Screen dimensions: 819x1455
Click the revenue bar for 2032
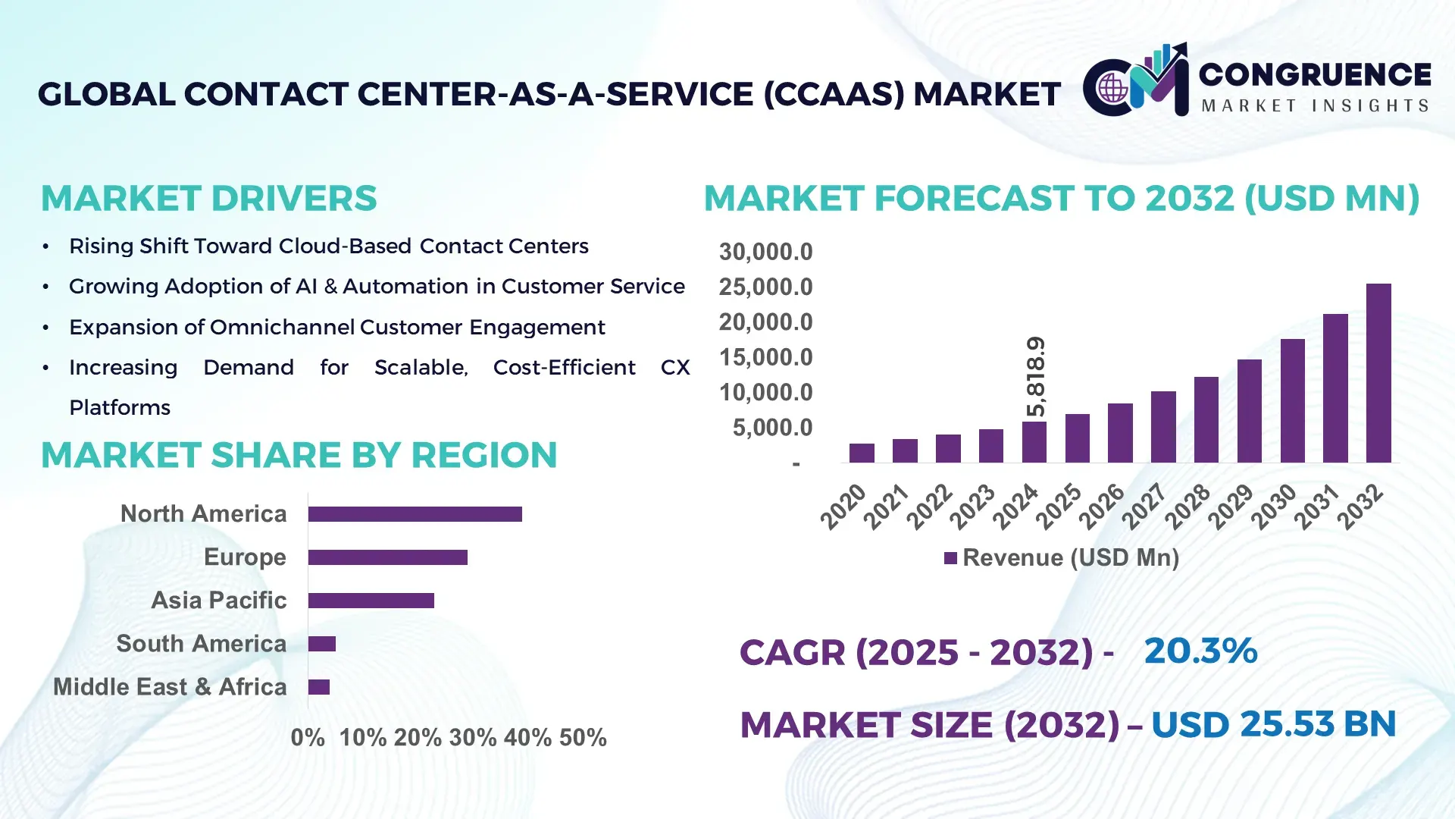1378,373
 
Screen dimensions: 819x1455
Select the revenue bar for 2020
862,453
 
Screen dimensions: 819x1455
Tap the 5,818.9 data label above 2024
1035,377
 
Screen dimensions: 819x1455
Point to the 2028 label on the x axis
1187,507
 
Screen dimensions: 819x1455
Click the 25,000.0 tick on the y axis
765,287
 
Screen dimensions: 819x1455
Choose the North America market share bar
415,514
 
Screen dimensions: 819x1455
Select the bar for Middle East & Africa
319,687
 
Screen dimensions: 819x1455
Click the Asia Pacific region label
219,601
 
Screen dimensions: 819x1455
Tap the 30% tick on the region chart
473,738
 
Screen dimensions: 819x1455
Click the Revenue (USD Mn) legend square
950,558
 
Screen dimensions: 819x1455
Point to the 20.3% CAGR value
1200,651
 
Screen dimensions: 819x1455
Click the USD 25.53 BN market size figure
1273,724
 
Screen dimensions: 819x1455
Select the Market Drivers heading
208,199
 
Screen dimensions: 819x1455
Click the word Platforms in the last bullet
120,408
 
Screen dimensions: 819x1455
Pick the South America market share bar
322,644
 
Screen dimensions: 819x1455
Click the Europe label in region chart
245,557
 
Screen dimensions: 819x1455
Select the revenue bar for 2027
1162,427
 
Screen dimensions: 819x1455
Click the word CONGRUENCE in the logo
1314,74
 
